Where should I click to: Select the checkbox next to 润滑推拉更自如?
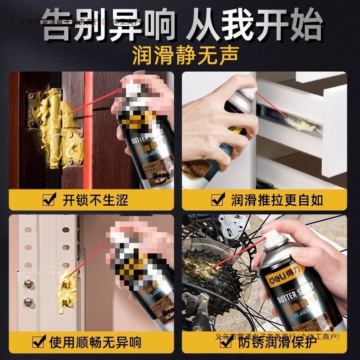(x=218, y=199)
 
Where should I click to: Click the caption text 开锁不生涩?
(x=95, y=199)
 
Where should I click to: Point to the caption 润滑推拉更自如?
(x=277, y=199)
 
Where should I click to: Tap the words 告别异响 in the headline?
(x=108, y=25)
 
